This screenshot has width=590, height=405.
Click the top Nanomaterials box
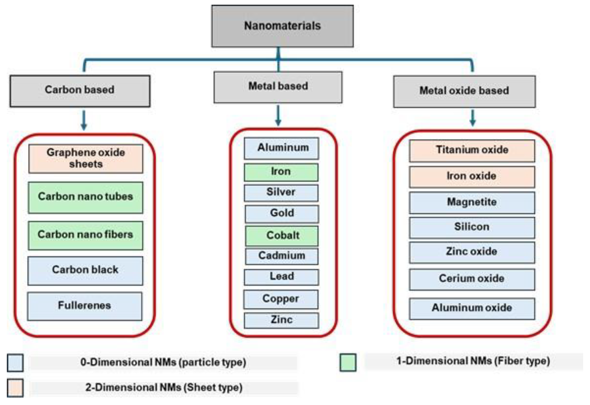point(282,26)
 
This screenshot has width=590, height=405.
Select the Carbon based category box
point(80,91)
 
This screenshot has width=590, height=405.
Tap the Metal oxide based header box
point(464,91)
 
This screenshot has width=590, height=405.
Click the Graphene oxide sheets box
point(86,159)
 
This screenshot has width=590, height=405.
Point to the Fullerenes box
point(85,306)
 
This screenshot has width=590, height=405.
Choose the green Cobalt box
point(282,236)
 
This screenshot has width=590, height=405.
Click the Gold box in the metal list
point(282,213)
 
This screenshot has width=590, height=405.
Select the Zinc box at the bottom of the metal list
point(281,320)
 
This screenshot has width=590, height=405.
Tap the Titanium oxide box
point(472,151)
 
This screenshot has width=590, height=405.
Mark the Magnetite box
point(472,203)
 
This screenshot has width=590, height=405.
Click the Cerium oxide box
point(472,279)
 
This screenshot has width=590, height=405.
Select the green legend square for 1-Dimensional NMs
point(348,362)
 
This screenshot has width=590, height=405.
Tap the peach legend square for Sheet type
point(15,388)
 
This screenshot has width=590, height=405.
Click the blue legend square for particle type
point(15,363)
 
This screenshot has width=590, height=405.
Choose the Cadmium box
point(282,256)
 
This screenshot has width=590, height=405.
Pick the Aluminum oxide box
point(472,308)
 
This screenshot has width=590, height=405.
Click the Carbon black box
point(85,270)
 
